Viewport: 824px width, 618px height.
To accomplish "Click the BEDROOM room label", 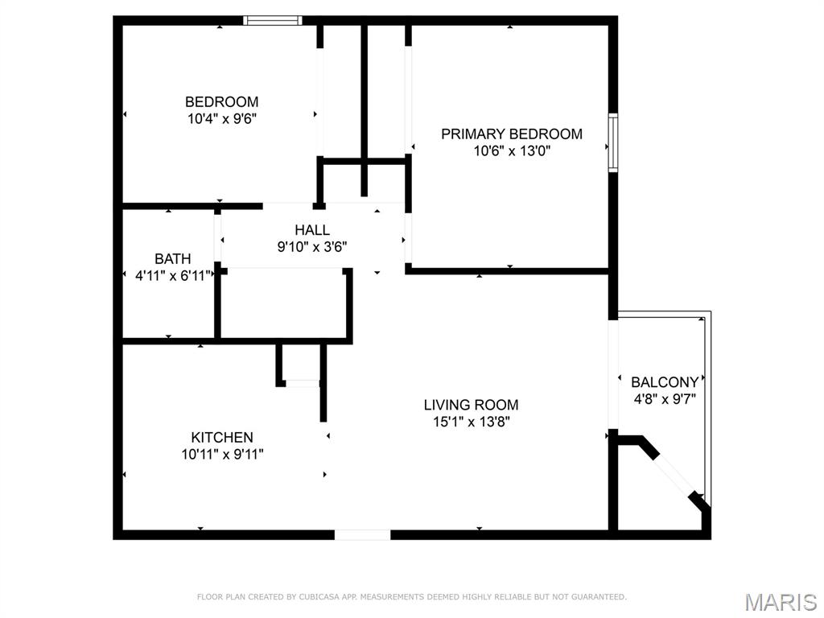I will (x=221, y=102).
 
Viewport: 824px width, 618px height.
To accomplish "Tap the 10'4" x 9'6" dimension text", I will (x=221, y=118).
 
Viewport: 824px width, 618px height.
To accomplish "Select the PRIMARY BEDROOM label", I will (x=511, y=134).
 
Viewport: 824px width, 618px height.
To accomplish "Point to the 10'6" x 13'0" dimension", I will (x=511, y=150).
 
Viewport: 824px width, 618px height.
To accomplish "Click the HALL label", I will (x=311, y=231).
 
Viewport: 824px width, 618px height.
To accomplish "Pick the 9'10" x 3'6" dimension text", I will (x=311, y=247).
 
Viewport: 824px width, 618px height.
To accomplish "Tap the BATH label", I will (x=173, y=259).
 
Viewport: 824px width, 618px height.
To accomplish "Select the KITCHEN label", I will (x=222, y=438).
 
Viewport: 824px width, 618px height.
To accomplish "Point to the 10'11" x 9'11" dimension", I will (x=222, y=454).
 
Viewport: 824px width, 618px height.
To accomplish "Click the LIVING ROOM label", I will (x=471, y=405).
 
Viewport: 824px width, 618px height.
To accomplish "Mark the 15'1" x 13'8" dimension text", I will (x=471, y=421).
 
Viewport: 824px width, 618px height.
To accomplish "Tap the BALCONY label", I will (x=664, y=382).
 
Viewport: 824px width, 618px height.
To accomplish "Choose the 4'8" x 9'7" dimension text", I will (x=664, y=398).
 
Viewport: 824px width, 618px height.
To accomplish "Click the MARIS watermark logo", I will (x=781, y=601).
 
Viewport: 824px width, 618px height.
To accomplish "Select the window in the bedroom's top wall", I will (x=273, y=20).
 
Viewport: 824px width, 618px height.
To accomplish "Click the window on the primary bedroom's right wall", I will (x=613, y=143).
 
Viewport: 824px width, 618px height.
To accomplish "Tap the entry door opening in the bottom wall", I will (x=362, y=534).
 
